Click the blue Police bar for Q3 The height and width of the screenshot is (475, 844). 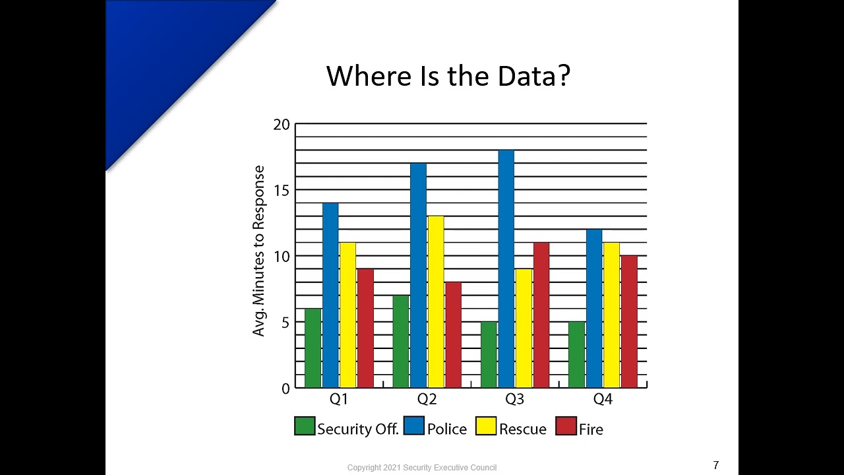tap(506, 269)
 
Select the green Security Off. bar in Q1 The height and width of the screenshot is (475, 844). tap(313, 348)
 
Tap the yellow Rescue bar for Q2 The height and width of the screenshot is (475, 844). tap(435, 301)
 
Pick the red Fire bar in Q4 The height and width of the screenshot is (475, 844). tap(629, 321)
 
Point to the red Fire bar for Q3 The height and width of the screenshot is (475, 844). tap(541, 315)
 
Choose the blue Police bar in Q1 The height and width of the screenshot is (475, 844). tap(330, 295)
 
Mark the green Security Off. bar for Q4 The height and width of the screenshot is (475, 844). tap(576, 354)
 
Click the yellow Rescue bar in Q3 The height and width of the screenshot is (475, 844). tap(524, 328)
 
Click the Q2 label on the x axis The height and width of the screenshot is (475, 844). tap(427, 399)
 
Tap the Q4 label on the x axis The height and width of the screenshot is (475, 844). tap(603, 399)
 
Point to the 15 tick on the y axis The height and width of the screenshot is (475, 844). tap(282, 190)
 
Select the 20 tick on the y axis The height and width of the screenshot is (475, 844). tap(282, 125)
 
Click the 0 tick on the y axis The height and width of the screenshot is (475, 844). tap(286, 389)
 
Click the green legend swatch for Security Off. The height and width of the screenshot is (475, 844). tap(305, 426)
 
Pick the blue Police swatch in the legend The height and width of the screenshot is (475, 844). tap(414, 426)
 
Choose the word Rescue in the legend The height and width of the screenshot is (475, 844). tap(523, 429)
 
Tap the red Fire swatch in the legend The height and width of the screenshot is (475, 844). tap(566, 426)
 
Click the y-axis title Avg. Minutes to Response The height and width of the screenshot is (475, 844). tap(258, 251)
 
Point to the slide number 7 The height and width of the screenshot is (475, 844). tap(716, 465)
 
